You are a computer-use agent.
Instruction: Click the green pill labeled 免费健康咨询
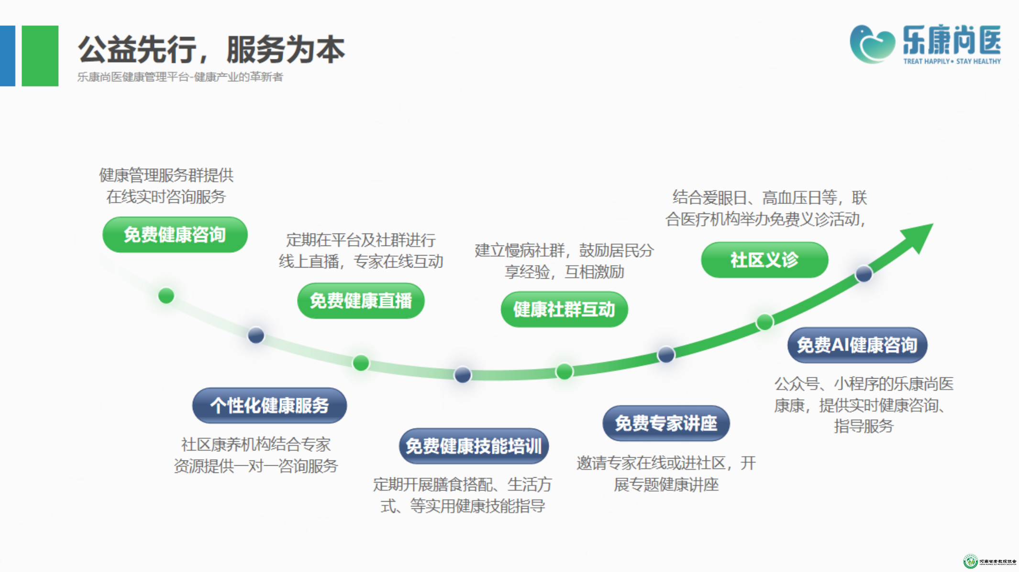(x=175, y=235)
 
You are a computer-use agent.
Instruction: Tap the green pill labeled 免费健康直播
(x=361, y=301)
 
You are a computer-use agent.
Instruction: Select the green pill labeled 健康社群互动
(x=564, y=309)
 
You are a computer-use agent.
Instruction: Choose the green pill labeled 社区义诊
(x=764, y=260)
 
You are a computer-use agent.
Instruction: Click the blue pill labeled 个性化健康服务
(x=269, y=405)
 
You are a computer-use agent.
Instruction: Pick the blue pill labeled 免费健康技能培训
(x=474, y=446)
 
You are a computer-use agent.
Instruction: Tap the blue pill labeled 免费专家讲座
(x=666, y=423)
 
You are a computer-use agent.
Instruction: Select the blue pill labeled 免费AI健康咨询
(x=857, y=345)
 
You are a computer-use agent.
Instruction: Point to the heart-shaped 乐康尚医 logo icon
(x=872, y=44)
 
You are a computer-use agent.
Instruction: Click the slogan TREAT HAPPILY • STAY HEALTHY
(x=952, y=61)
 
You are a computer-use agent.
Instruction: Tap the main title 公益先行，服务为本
(x=211, y=49)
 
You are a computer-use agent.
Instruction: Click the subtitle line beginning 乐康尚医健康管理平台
(x=180, y=77)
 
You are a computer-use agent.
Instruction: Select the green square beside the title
(x=40, y=56)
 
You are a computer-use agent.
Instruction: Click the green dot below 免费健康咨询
(x=166, y=295)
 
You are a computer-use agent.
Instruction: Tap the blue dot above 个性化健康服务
(x=256, y=335)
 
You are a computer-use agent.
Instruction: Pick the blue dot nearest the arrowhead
(x=864, y=274)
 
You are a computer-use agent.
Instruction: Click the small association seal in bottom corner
(x=970, y=561)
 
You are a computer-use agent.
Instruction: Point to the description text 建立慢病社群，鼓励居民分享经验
(x=564, y=261)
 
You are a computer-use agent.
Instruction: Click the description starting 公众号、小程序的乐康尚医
(x=864, y=404)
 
